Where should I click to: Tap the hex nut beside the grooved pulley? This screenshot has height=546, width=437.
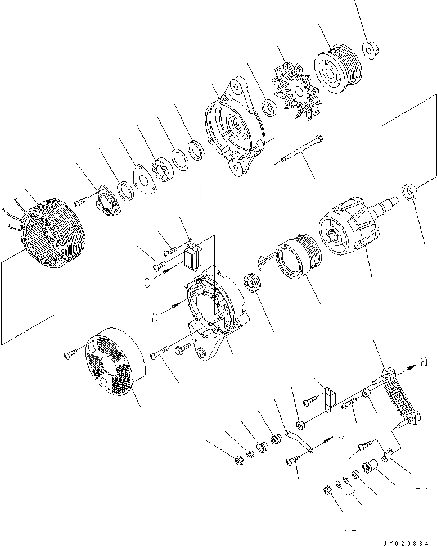370,50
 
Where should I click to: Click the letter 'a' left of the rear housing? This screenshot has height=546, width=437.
154,317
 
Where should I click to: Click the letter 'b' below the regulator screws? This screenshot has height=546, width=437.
146,281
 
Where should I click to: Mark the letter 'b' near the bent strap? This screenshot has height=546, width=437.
341,433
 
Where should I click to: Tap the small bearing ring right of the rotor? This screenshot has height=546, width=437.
409,192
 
